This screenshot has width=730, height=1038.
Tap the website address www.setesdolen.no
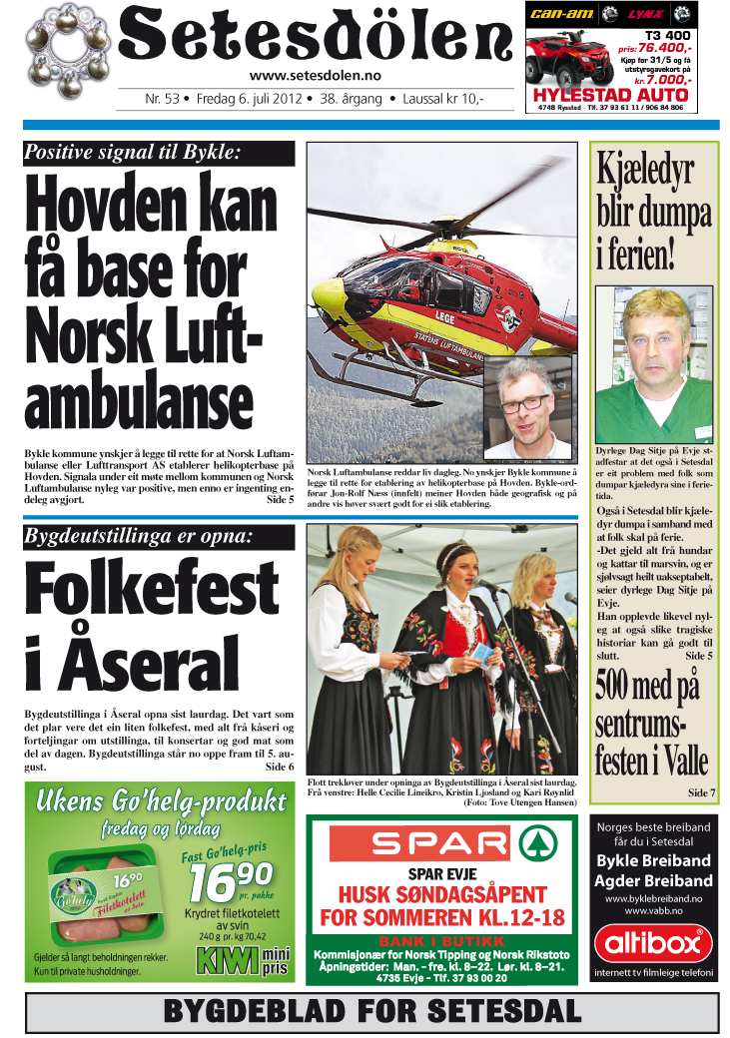pyautogui.click(x=315, y=76)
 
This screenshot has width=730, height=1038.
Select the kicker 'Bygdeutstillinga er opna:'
pyautogui.click(x=139, y=537)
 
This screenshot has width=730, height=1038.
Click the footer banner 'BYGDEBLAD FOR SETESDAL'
pyautogui.click(x=371, y=1011)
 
